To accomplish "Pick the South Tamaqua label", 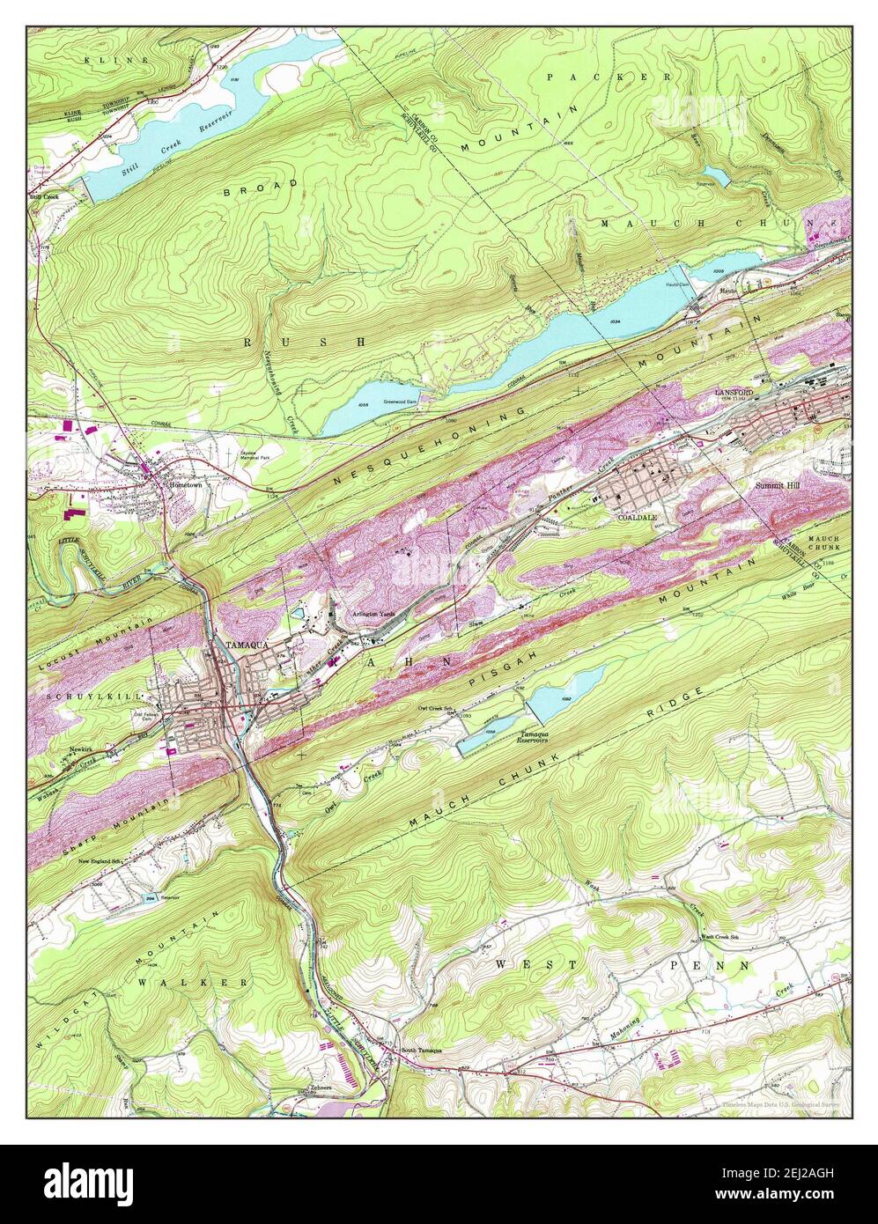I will click(422, 1051).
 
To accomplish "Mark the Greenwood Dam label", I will click(402, 402).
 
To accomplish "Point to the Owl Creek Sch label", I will click(438, 708).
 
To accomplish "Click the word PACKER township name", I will click(609, 77).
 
